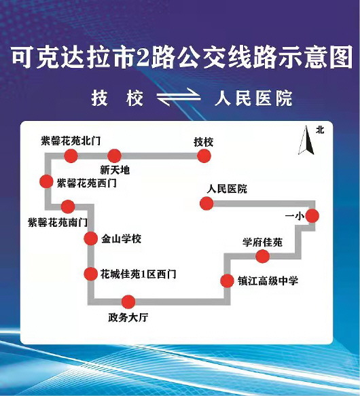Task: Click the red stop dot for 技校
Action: pos(204,156)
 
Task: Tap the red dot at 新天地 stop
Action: pos(114,156)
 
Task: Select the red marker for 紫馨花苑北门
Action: pos(71,156)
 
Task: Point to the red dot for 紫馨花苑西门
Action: pos(46,181)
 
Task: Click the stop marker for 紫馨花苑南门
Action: pos(68,206)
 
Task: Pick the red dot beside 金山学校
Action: pos(91,238)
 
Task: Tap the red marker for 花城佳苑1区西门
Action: pos(91,274)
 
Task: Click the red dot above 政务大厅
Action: pos(128,302)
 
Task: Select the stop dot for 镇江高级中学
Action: pos(227,281)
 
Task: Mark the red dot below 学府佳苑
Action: pos(262,256)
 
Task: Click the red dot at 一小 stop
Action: pos(312,216)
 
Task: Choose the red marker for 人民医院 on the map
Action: pos(206,203)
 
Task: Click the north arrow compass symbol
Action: pos(306,140)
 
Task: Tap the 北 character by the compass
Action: pos(320,130)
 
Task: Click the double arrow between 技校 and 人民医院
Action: pos(179,98)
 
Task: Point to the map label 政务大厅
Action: pos(128,317)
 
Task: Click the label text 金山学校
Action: pos(121,238)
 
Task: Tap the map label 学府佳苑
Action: pos(262,242)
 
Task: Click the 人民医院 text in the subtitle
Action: pos(253,98)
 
